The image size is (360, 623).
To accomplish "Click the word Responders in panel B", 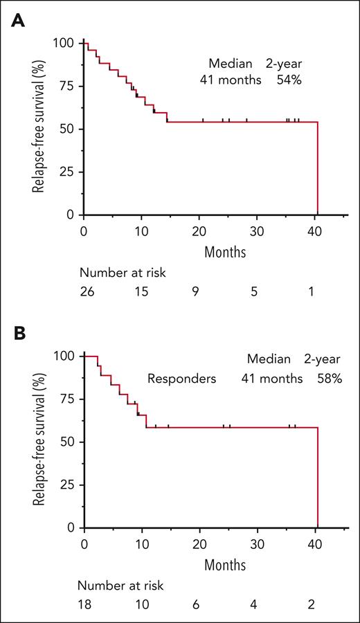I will click(x=181, y=379).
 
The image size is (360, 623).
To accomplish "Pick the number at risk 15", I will click(x=141, y=292).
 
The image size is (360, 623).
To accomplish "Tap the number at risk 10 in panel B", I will click(x=141, y=604).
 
